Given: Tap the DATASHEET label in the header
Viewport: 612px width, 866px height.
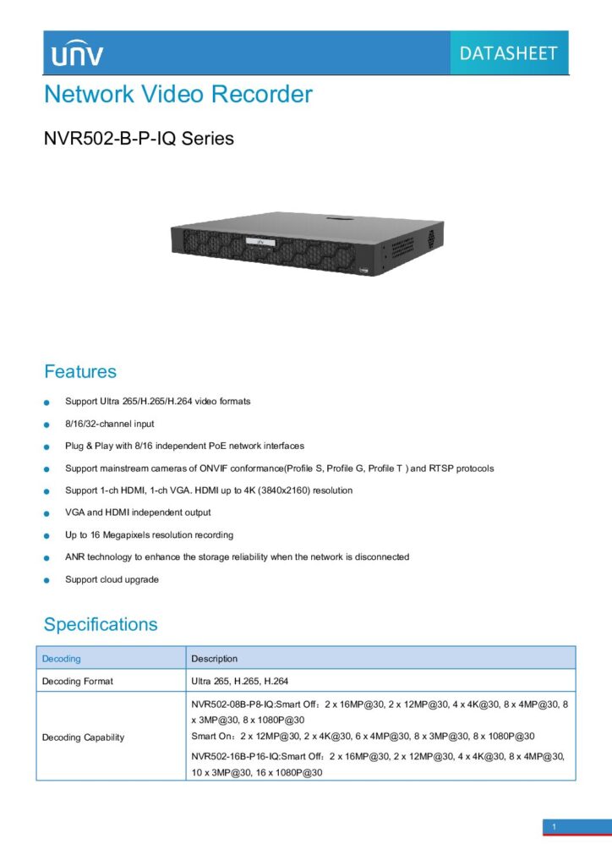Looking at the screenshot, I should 508,53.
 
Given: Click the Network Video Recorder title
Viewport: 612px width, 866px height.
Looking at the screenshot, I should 178,94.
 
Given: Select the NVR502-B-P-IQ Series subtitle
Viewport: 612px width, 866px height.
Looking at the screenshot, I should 139,138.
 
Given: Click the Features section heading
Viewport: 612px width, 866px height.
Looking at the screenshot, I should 80,371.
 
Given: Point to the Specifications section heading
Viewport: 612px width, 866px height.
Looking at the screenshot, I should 101,625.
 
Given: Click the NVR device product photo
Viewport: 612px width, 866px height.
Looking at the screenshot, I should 307,244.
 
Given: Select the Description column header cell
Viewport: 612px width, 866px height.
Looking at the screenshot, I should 215,659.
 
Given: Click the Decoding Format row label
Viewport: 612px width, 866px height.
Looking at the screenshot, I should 78,681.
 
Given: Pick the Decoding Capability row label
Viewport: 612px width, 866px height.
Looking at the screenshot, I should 83,737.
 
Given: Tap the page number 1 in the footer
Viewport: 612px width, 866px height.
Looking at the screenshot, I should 554,826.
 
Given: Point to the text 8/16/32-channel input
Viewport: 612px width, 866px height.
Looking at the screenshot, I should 110,424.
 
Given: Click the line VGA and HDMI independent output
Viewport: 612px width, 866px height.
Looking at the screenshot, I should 138,512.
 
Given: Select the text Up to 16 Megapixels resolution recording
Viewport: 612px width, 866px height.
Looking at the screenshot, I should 149,535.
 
